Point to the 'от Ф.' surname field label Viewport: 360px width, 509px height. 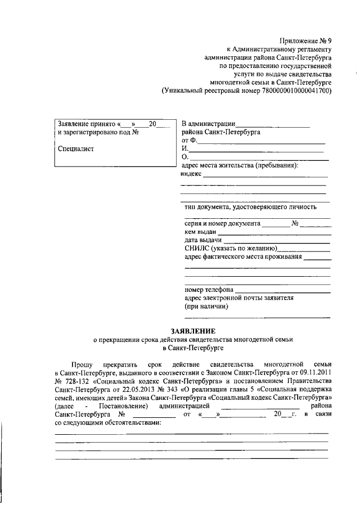tap(188, 140)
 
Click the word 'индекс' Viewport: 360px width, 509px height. tap(191, 174)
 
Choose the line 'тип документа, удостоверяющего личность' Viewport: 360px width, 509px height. tap(250, 206)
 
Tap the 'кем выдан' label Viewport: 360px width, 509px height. tap(200, 232)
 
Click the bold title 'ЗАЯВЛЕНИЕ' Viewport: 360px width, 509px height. tap(193, 331)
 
